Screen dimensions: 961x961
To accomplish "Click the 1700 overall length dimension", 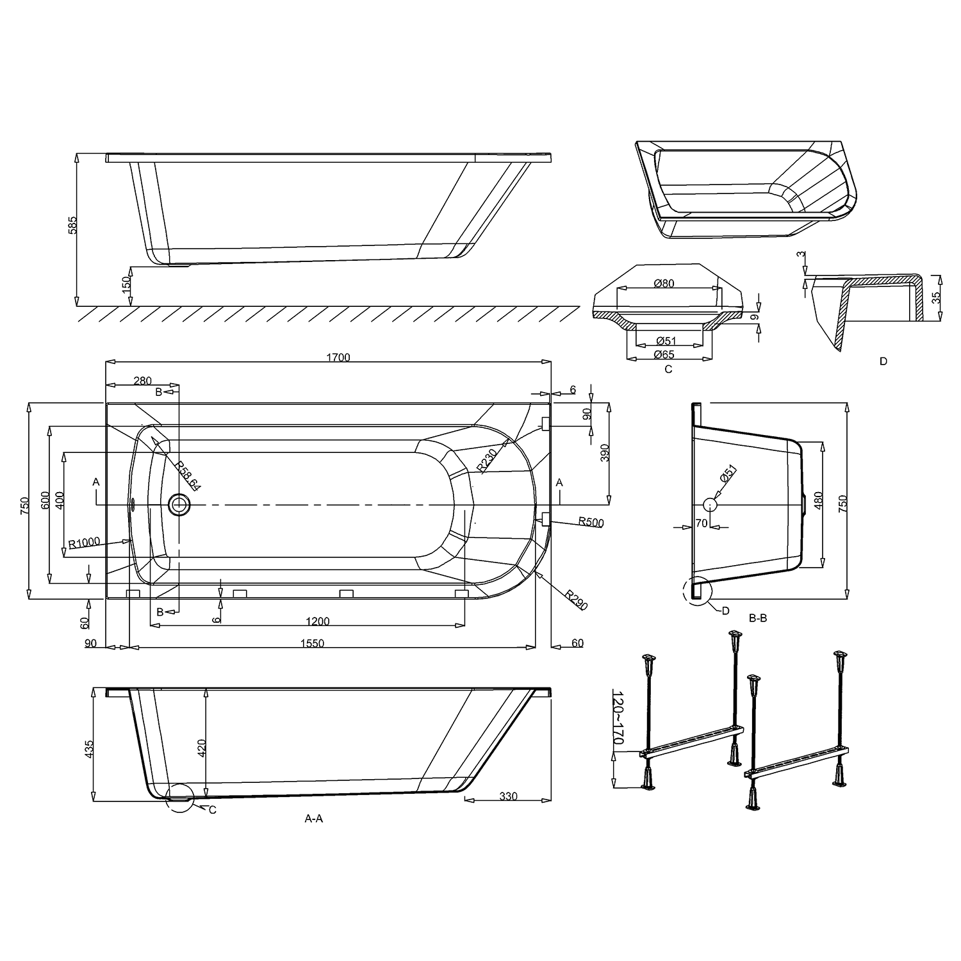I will pyautogui.click(x=338, y=357).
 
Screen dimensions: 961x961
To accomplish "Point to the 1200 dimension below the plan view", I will pyautogui.click(x=318, y=621).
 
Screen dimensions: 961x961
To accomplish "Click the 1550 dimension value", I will pyautogui.click(x=313, y=643).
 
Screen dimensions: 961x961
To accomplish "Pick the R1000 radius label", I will pyautogui.click(x=84, y=543).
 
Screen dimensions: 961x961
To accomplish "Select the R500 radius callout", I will pyautogui.click(x=590, y=522).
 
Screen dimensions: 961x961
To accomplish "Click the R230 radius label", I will pyautogui.click(x=489, y=460).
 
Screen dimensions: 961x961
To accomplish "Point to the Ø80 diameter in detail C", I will pyautogui.click(x=665, y=284).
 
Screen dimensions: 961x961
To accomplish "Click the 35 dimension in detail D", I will pyautogui.click(x=936, y=297).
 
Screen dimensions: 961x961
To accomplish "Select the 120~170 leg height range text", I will pyautogui.click(x=618, y=717).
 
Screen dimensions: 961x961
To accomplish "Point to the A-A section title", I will pyautogui.click(x=313, y=818).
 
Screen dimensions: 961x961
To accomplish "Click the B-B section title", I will pyautogui.click(x=758, y=618).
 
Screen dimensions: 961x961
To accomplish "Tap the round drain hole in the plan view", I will pyautogui.click(x=180, y=505).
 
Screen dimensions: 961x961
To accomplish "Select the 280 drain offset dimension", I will pyautogui.click(x=142, y=381).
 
